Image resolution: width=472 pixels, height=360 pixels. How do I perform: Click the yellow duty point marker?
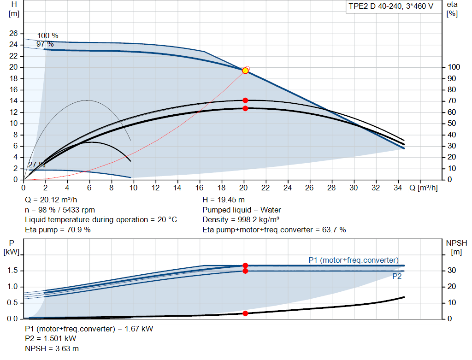tap(245, 71)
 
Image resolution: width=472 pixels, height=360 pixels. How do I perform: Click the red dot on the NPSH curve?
tap(245, 313)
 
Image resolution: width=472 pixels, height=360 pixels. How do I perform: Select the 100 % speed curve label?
tap(47, 36)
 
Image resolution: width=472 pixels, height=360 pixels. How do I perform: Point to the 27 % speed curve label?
tap(36, 165)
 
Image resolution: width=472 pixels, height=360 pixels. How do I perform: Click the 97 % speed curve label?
tap(45, 44)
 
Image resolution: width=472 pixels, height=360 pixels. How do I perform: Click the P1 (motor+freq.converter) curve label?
tap(354, 260)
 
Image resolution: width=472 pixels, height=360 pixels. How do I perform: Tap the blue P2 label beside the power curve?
tap(397, 276)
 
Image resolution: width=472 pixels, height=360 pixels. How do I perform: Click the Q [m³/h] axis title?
tap(423, 188)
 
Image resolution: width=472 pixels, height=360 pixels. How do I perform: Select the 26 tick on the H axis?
tap(13, 33)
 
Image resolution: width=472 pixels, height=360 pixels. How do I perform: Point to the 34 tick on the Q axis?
tap(398, 188)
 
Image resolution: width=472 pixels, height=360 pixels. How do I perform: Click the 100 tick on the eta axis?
tap(454, 67)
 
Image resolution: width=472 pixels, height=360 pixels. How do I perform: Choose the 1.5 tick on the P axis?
tap(12, 270)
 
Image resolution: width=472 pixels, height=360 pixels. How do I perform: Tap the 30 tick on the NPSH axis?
tap(452, 270)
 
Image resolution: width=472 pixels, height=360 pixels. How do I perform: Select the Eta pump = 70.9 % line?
tap(58, 230)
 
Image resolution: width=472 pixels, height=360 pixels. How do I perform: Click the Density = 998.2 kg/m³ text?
tap(241, 220)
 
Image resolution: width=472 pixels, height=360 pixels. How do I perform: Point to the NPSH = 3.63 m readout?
tap(52, 348)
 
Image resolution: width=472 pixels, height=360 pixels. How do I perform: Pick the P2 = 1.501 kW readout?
tap(51, 339)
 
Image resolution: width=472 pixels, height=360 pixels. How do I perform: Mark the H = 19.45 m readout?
tap(224, 200)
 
